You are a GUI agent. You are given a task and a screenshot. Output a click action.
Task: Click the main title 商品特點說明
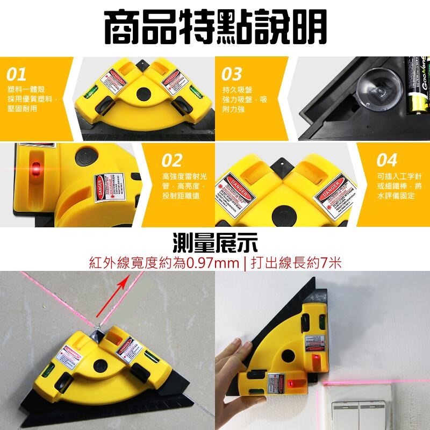coord(214,28)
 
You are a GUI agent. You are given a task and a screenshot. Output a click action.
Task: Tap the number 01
coord(17,74)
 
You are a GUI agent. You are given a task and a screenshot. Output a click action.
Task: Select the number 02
coord(172,160)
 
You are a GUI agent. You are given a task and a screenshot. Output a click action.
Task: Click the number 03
coord(232,74)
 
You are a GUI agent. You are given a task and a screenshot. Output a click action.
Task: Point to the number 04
coord(387,160)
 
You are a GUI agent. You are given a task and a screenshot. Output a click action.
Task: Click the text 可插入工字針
coord(395,176)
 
